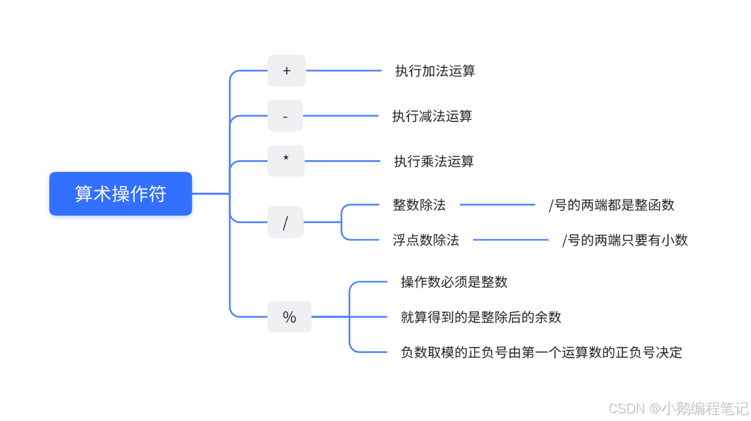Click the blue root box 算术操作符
(120, 193)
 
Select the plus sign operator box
(286, 70)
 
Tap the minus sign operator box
(285, 116)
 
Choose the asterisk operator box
(286, 161)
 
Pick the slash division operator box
(285, 222)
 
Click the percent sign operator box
(289, 317)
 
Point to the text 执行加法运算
(435, 71)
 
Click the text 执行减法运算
(432, 116)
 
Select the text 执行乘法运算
(434, 161)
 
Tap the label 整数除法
(419, 205)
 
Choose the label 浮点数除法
(425, 240)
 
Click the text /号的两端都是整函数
(611, 205)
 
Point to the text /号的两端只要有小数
(625, 240)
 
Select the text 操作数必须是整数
(454, 282)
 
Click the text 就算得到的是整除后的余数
(481, 317)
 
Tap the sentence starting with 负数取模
(541, 352)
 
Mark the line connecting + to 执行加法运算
(344, 70)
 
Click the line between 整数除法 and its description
(497, 205)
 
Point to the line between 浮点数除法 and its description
(510, 240)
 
